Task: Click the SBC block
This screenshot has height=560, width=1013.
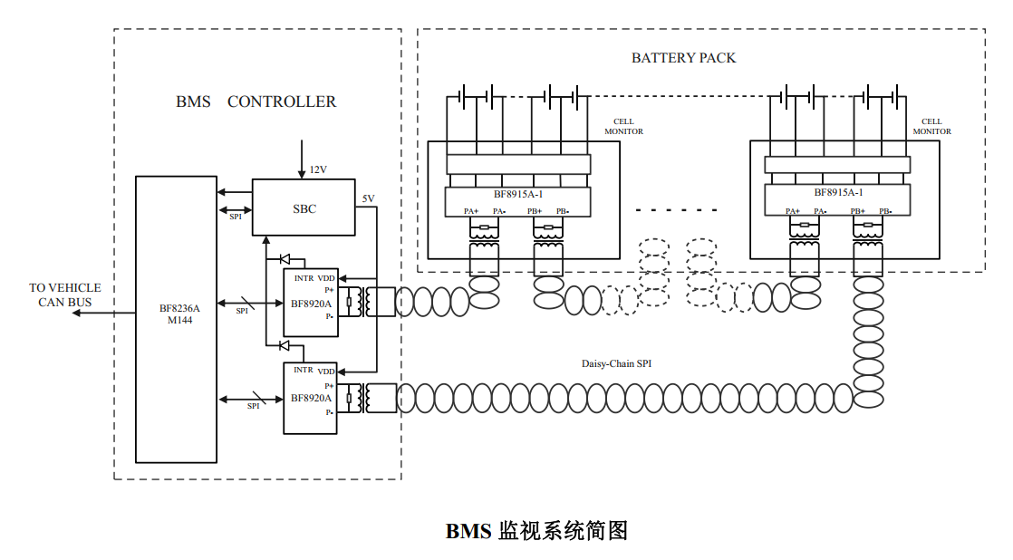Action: point(304,208)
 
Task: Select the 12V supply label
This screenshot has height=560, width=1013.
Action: point(318,169)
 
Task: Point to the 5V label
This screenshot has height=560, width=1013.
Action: point(368,198)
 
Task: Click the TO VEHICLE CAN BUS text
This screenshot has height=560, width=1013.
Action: point(64,295)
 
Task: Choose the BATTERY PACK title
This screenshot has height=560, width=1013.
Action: point(683,58)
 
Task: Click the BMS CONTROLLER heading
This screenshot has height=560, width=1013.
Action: point(256,102)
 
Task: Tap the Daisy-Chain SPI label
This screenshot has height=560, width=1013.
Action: point(616,363)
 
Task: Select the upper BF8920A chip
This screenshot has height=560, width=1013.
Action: point(310,303)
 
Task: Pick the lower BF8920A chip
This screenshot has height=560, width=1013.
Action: point(310,398)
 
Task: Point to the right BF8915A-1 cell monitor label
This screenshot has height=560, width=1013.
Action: point(838,192)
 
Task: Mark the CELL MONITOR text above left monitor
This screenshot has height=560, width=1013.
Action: point(623,127)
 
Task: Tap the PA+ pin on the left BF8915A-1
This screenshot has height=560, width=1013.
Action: point(471,211)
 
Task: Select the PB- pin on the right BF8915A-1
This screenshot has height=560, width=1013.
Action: point(884,211)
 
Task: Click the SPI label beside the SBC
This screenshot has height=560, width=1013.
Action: point(235,217)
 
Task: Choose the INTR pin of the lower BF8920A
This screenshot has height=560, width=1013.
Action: point(303,370)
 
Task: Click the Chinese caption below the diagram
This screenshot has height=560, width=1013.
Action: point(536,531)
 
